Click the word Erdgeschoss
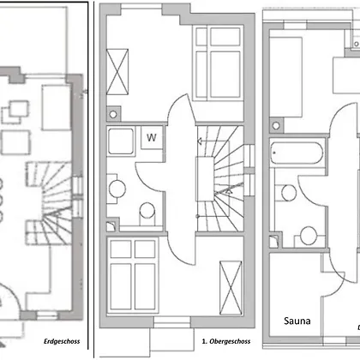(62, 341)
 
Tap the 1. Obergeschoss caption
(226, 341)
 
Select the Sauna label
(297, 321)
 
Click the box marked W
(152, 138)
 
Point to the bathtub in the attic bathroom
(297, 153)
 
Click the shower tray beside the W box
(121, 141)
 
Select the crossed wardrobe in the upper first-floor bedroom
(117, 72)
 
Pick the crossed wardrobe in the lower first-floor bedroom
(231, 288)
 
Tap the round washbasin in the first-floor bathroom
(117, 189)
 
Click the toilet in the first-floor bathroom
(147, 213)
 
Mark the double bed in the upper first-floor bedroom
(218, 63)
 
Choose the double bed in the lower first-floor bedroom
(133, 275)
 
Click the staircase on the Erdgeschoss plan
(48, 203)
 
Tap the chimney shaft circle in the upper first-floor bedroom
(113, 115)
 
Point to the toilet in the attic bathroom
(309, 237)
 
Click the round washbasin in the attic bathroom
(289, 193)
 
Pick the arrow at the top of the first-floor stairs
(201, 141)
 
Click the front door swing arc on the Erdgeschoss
(11, 294)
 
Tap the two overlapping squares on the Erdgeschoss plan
(15, 111)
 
